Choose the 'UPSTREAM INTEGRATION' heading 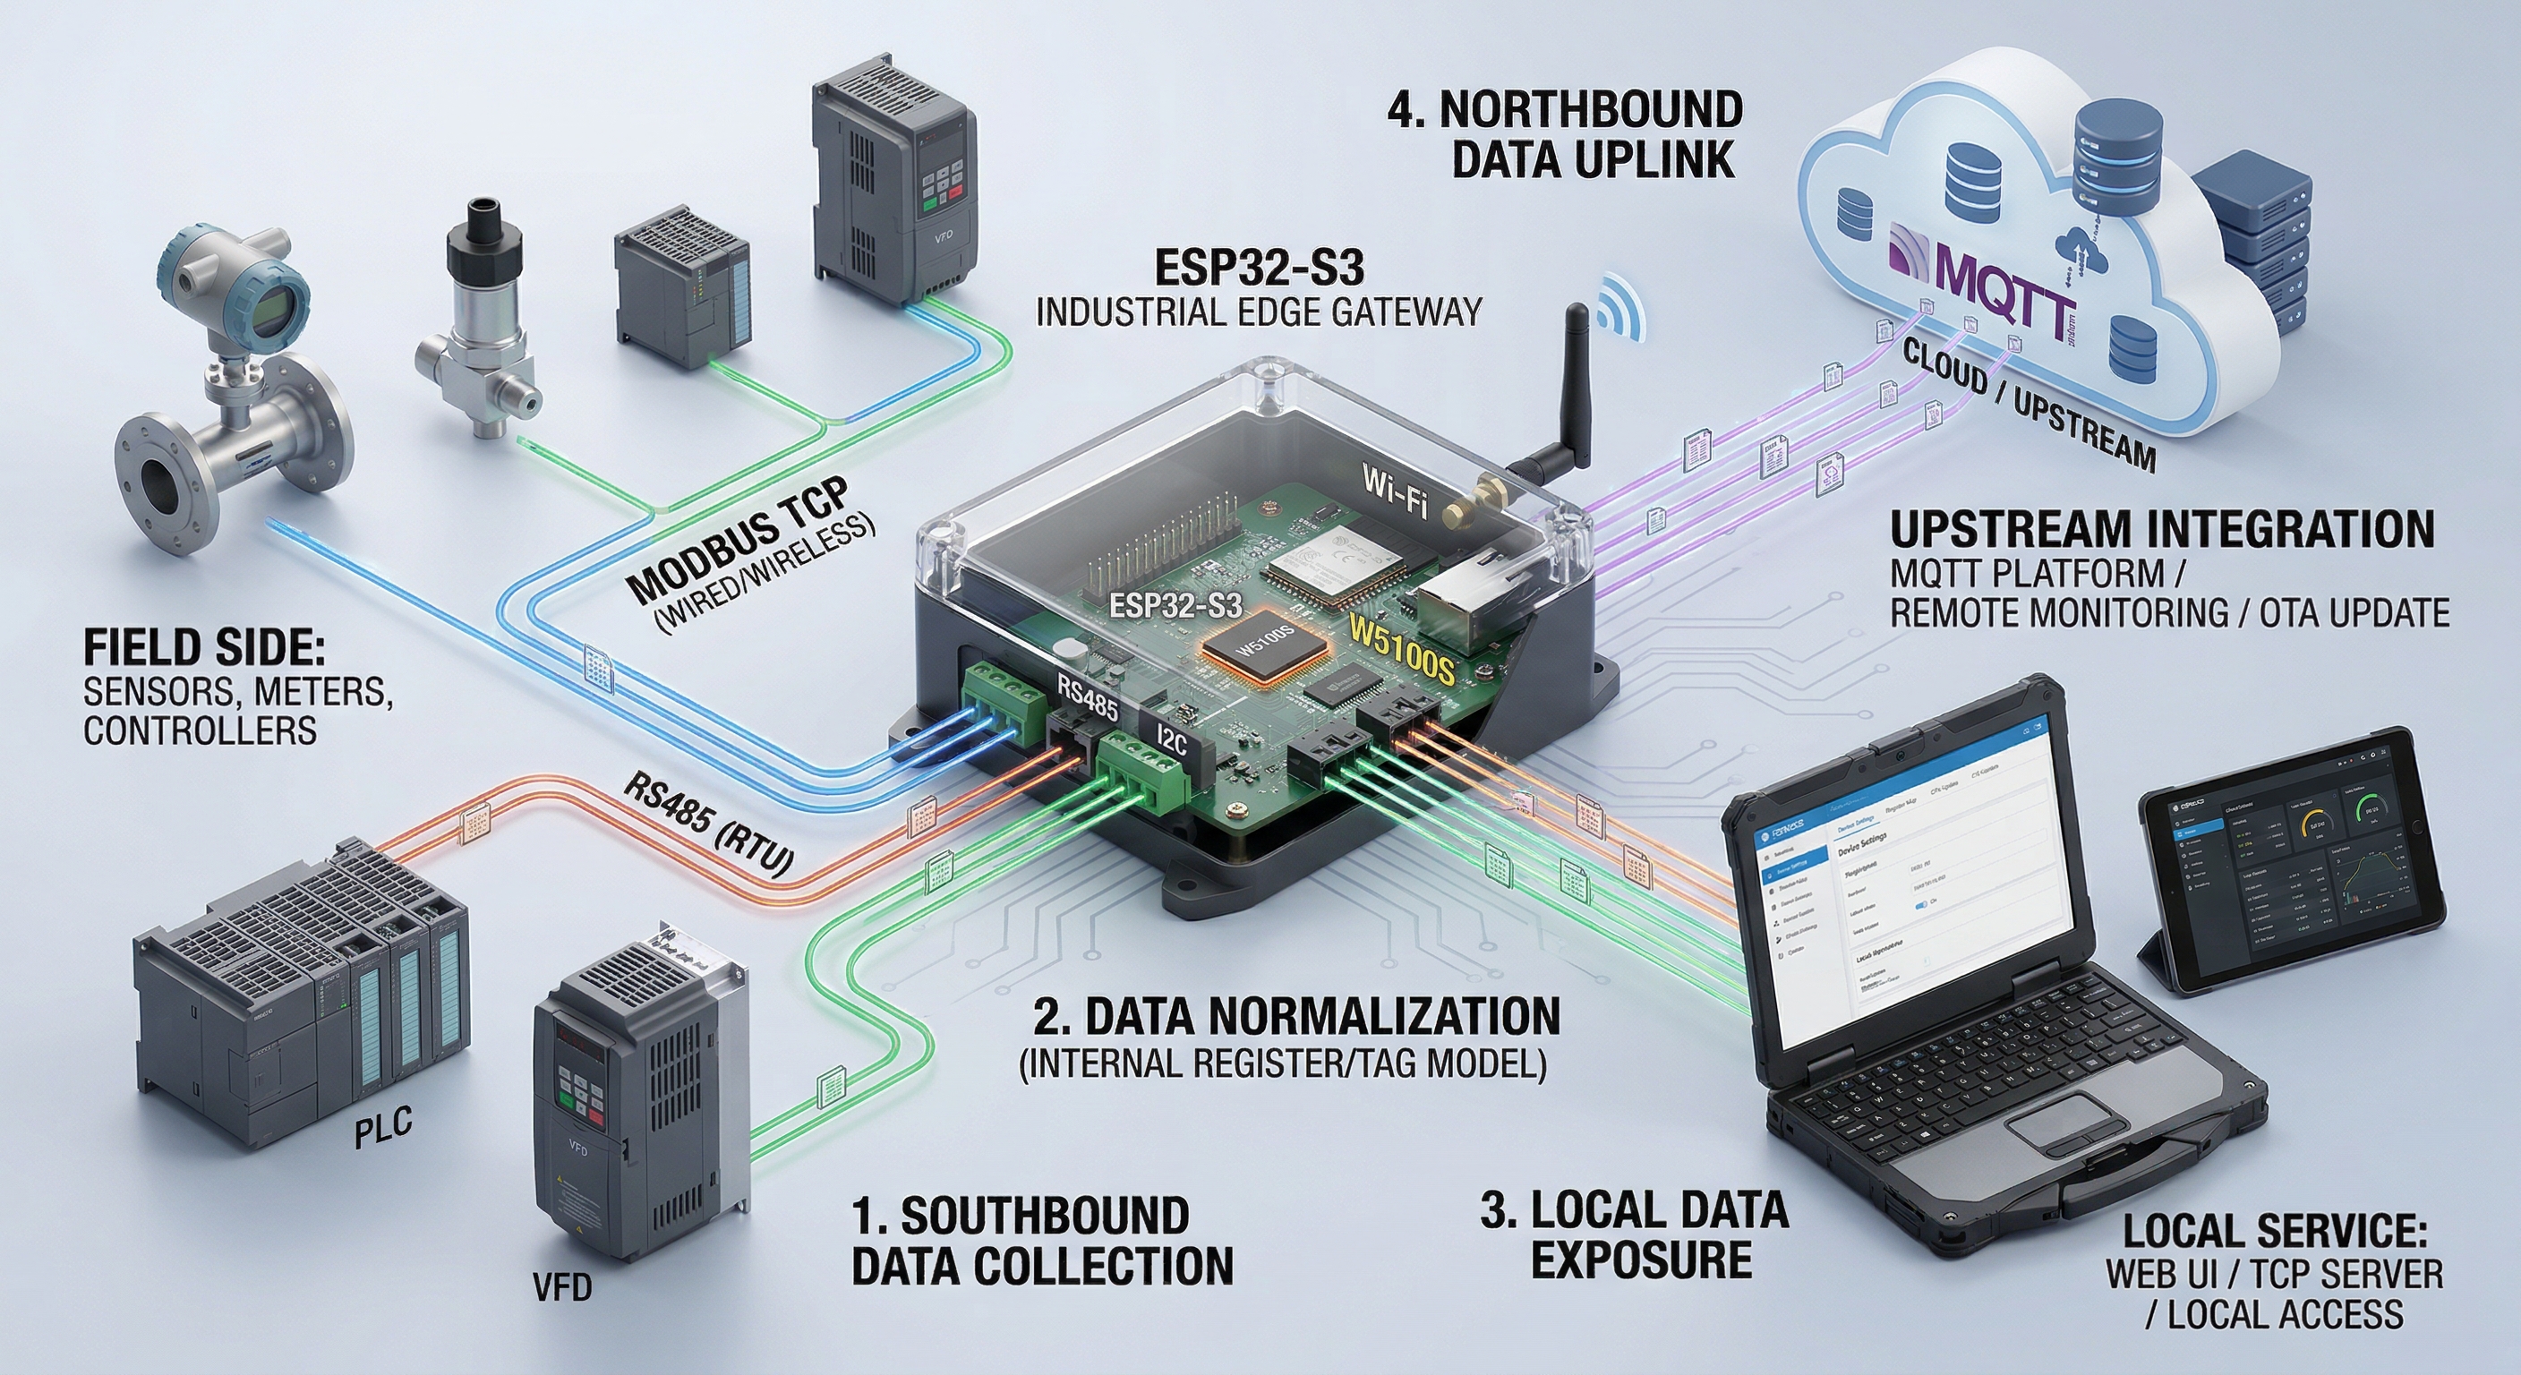[2161, 529]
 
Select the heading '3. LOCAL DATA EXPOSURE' [1635, 1236]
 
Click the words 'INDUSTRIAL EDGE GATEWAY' [1258, 312]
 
